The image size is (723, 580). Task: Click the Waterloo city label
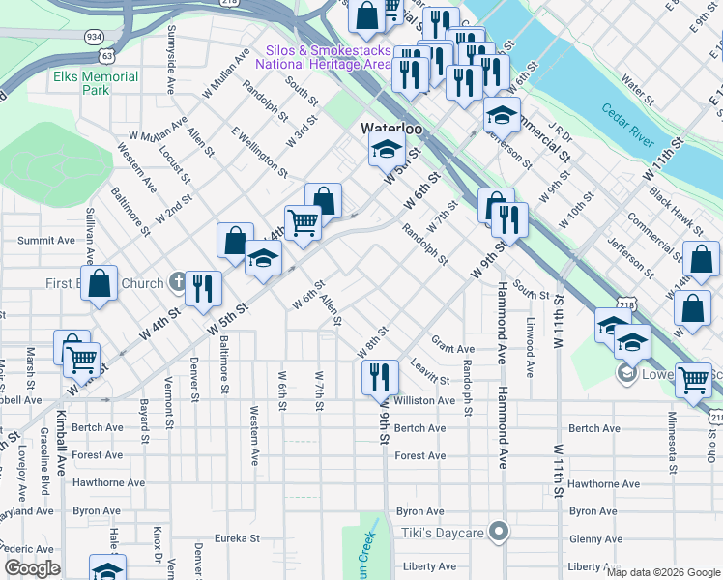click(x=391, y=129)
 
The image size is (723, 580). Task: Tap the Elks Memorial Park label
click(x=96, y=83)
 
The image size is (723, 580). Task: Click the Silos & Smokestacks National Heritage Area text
click(x=323, y=57)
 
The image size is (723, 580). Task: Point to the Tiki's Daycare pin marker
click(x=499, y=533)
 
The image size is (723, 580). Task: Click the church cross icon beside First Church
click(x=176, y=283)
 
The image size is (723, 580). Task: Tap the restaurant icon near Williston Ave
click(x=379, y=375)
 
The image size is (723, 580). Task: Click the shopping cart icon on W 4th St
click(x=303, y=222)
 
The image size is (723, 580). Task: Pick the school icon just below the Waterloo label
click(x=386, y=150)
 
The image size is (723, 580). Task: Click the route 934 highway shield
click(x=94, y=36)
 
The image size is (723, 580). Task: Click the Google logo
click(x=32, y=568)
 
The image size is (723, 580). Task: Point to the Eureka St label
click(x=238, y=538)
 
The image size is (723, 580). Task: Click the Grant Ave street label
click(x=452, y=349)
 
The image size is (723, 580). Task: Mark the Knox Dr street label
click(x=157, y=547)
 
